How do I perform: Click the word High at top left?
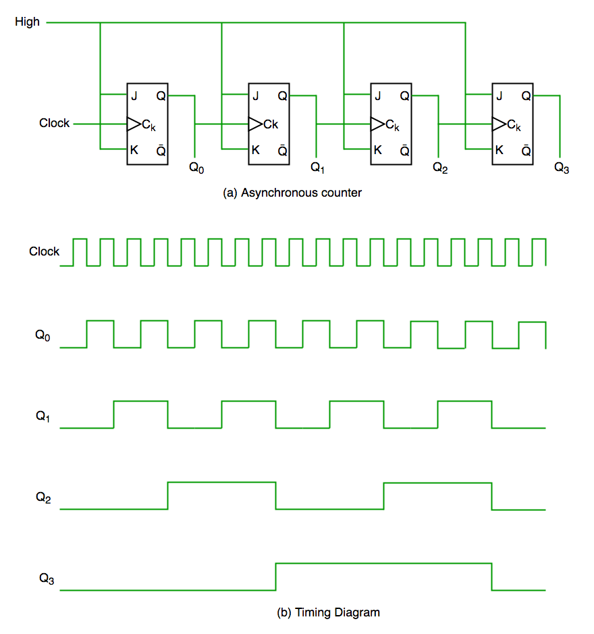[x=28, y=22]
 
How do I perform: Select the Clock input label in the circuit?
[x=54, y=123]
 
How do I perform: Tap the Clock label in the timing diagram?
[x=44, y=251]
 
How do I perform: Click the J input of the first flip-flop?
[x=134, y=96]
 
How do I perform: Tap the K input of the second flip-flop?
[x=255, y=150]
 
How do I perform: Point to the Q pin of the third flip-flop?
[x=404, y=96]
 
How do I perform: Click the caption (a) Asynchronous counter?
[x=292, y=193]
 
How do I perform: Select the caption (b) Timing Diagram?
[x=329, y=613]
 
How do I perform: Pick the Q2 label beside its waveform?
[x=43, y=497]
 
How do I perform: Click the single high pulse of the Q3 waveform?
[x=383, y=564]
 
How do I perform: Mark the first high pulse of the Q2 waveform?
[x=221, y=483]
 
